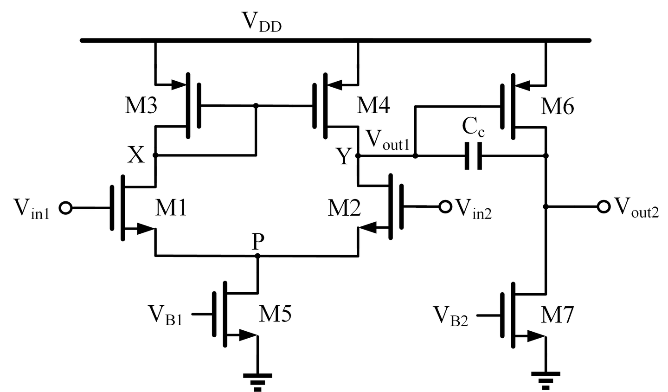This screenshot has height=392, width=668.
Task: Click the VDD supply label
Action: click(x=261, y=22)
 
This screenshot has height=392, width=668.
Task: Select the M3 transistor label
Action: click(x=141, y=107)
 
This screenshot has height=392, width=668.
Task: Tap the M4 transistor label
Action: click(x=373, y=106)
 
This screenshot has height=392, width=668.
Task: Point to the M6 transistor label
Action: click(x=557, y=107)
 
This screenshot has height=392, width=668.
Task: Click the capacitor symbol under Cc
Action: click(x=473, y=156)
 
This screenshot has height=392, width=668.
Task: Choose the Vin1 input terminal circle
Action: click(x=66, y=208)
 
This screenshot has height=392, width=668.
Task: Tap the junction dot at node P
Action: click(x=258, y=256)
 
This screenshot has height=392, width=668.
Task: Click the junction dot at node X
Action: click(x=155, y=155)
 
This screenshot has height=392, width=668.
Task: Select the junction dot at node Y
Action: click(x=358, y=156)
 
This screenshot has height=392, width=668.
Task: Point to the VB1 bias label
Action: click(x=165, y=315)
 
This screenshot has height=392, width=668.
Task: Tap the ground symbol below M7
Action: click(x=546, y=379)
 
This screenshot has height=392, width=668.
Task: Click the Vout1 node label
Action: click(x=387, y=140)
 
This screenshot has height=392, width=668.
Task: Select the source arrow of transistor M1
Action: click(x=145, y=229)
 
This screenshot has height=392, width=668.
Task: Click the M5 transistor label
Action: click(x=275, y=315)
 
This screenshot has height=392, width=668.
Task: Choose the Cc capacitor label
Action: click(x=473, y=128)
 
